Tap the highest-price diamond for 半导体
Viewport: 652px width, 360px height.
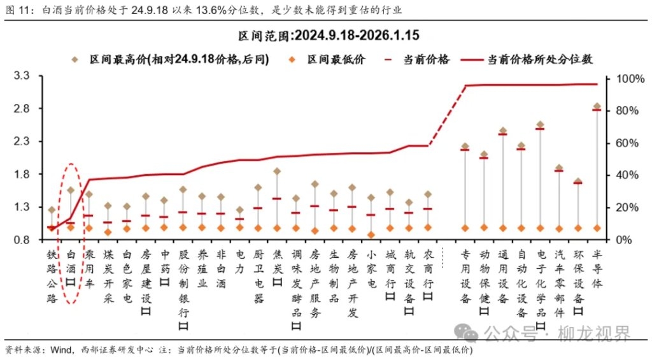597,106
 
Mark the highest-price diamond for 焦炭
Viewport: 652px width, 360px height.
277,171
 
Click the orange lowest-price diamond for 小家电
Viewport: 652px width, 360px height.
371,234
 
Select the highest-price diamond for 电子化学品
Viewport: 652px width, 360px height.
540,125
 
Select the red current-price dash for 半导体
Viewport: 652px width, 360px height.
597,110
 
